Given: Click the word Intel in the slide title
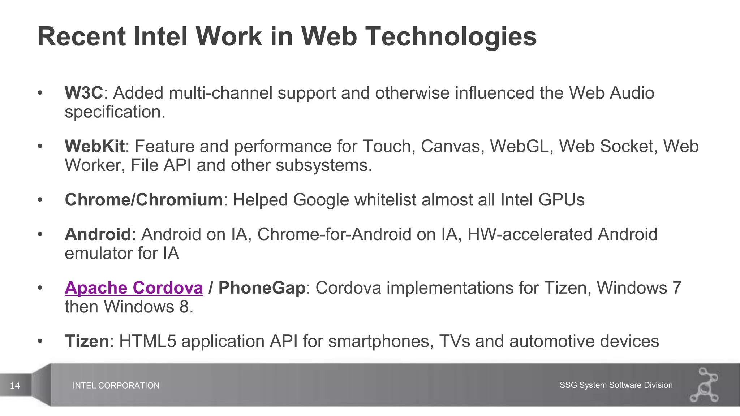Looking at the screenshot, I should point(160,36).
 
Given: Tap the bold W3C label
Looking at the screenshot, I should point(84,93).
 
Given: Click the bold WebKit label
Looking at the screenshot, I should point(95,146).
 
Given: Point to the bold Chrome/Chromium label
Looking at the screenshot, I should point(143,200).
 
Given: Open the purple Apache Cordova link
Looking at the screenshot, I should point(134,288).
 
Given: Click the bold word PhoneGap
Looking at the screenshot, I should point(262,288).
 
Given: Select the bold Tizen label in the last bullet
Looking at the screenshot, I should point(87,341).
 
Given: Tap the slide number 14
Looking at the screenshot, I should point(15,386).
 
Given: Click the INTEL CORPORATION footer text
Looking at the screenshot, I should point(116,386).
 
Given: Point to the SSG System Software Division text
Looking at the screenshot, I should point(616,385).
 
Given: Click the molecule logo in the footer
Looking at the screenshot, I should point(705,385).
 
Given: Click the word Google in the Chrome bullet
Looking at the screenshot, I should point(321,200).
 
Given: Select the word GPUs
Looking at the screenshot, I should point(561,200).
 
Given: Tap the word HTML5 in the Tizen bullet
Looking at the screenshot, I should point(147,341).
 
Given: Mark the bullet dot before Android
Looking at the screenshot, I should point(40,234).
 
